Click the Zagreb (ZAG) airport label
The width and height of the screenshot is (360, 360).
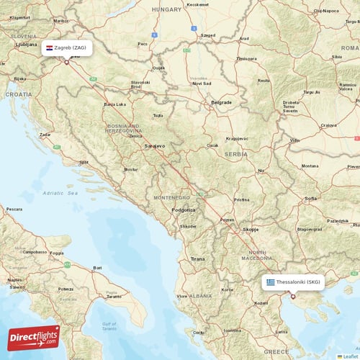pyautogui.click(x=70, y=48)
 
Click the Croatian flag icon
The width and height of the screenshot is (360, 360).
pyautogui.click(x=49, y=48)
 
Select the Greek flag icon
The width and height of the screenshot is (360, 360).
pyautogui.click(x=271, y=282)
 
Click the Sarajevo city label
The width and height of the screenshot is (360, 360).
pyautogui.click(x=154, y=145)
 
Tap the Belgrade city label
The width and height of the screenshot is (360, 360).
pyautogui.click(x=221, y=102)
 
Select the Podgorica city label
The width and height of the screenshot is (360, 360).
pyautogui.click(x=183, y=210)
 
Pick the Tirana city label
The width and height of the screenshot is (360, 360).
pyautogui.click(x=197, y=258)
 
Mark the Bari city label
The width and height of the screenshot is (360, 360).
pyautogui.click(x=96, y=268)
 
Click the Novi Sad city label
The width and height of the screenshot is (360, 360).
pyautogui.click(x=202, y=83)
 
